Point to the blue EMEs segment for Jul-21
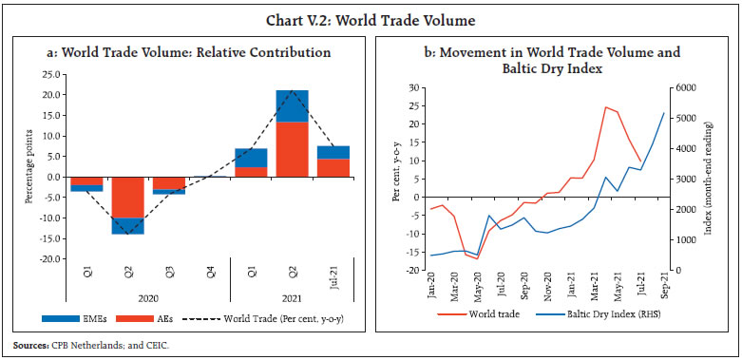[x=332, y=152]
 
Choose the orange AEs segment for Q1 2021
[x=251, y=172]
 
